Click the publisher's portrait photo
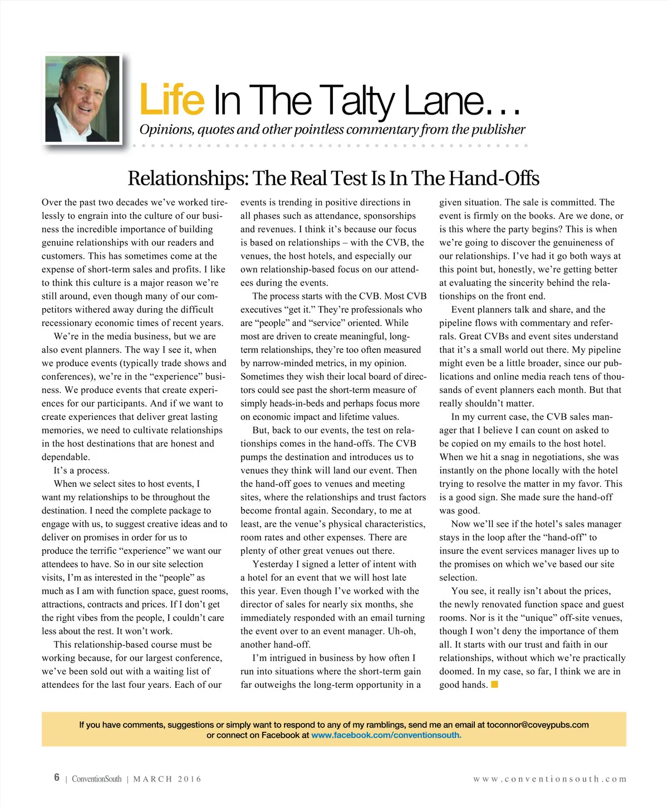click(82, 99)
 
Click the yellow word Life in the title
click(172, 100)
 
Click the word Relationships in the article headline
click(188, 179)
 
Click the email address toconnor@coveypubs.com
click(537, 725)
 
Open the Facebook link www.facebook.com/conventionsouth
click(386, 735)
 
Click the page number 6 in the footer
click(57, 778)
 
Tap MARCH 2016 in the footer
click(167, 779)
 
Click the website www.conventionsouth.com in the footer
click(549, 779)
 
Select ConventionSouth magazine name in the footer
click(96, 779)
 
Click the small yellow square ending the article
click(494, 685)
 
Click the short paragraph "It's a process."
click(82, 470)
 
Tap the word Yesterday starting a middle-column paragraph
click(273, 564)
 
